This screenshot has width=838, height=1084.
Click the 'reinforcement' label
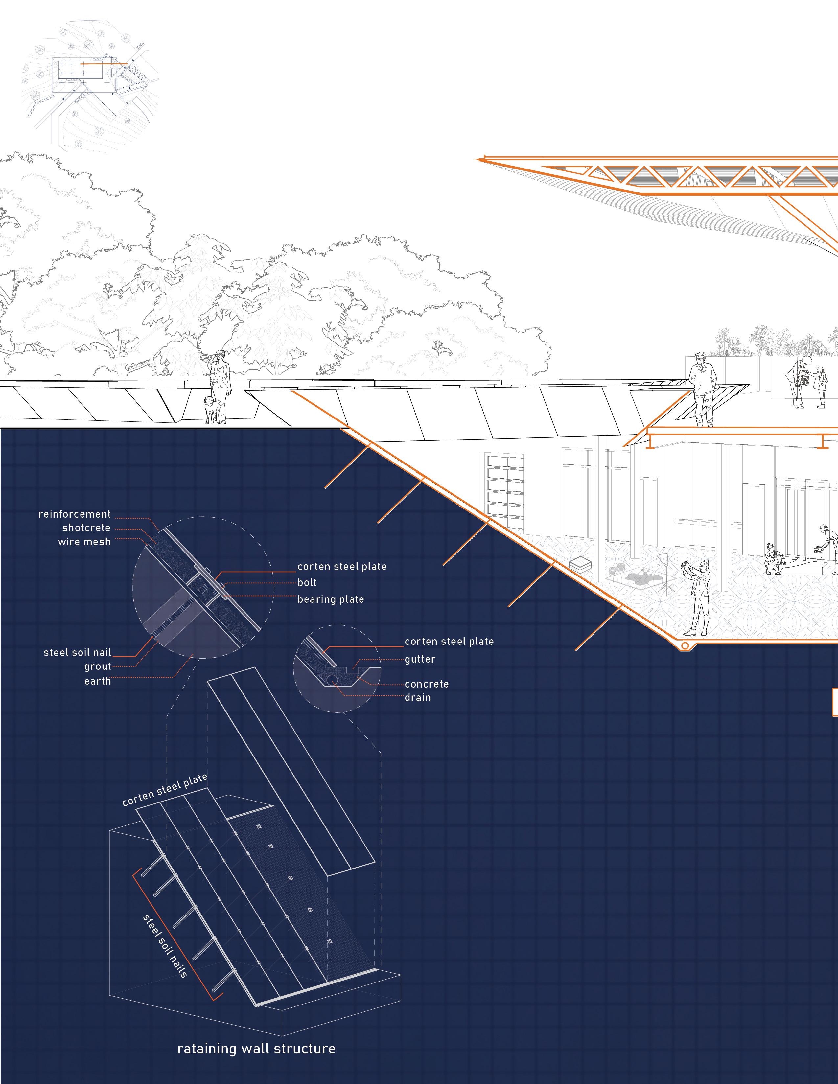point(75,514)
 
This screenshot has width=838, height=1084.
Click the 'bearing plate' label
point(331,599)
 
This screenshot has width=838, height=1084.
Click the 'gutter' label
point(420,659)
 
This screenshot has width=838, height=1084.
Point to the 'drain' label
point(417,697)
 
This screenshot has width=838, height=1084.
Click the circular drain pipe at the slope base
point(685,646)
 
